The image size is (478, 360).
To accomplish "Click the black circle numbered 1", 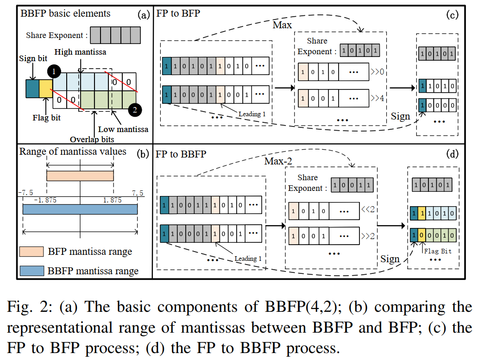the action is tap(54, 72).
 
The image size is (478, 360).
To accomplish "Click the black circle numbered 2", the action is tap(135, 110).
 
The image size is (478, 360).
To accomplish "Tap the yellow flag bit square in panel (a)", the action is tap(46, 88).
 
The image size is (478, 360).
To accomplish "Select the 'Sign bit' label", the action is tap(33, 58).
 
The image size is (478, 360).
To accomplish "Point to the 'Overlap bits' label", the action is tap(92, 139).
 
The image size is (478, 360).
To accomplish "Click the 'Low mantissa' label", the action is tap(123, 129).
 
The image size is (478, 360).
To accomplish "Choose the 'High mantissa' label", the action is tap(81, 52).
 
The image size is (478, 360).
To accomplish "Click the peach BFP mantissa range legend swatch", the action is tap(31, 252).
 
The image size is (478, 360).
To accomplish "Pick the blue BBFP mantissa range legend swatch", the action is tap(31, 271).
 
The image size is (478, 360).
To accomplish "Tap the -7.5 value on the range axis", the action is tap(25, 193).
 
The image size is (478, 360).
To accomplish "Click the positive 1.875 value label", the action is tap(112, 200).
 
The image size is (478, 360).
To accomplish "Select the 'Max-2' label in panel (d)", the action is tap(278, 161).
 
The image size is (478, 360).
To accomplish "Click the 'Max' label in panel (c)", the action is tap(282, 25).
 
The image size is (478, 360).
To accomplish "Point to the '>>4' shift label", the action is tap(377, 98).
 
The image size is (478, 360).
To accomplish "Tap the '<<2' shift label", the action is tap(368, 209).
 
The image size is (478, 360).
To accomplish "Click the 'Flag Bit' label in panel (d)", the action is tap(438, 251).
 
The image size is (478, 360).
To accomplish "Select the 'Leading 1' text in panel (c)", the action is tap(252, 114).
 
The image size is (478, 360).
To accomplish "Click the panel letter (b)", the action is tap(143, 154).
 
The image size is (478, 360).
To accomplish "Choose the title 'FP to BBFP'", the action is tap(181, 154).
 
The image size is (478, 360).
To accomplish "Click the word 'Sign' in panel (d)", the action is tap(390, 259).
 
